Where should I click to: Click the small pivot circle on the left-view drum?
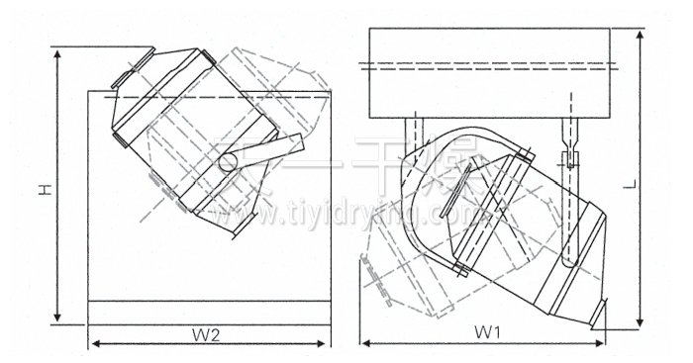point(228,159)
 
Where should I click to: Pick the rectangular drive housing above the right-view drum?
point(492,71)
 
